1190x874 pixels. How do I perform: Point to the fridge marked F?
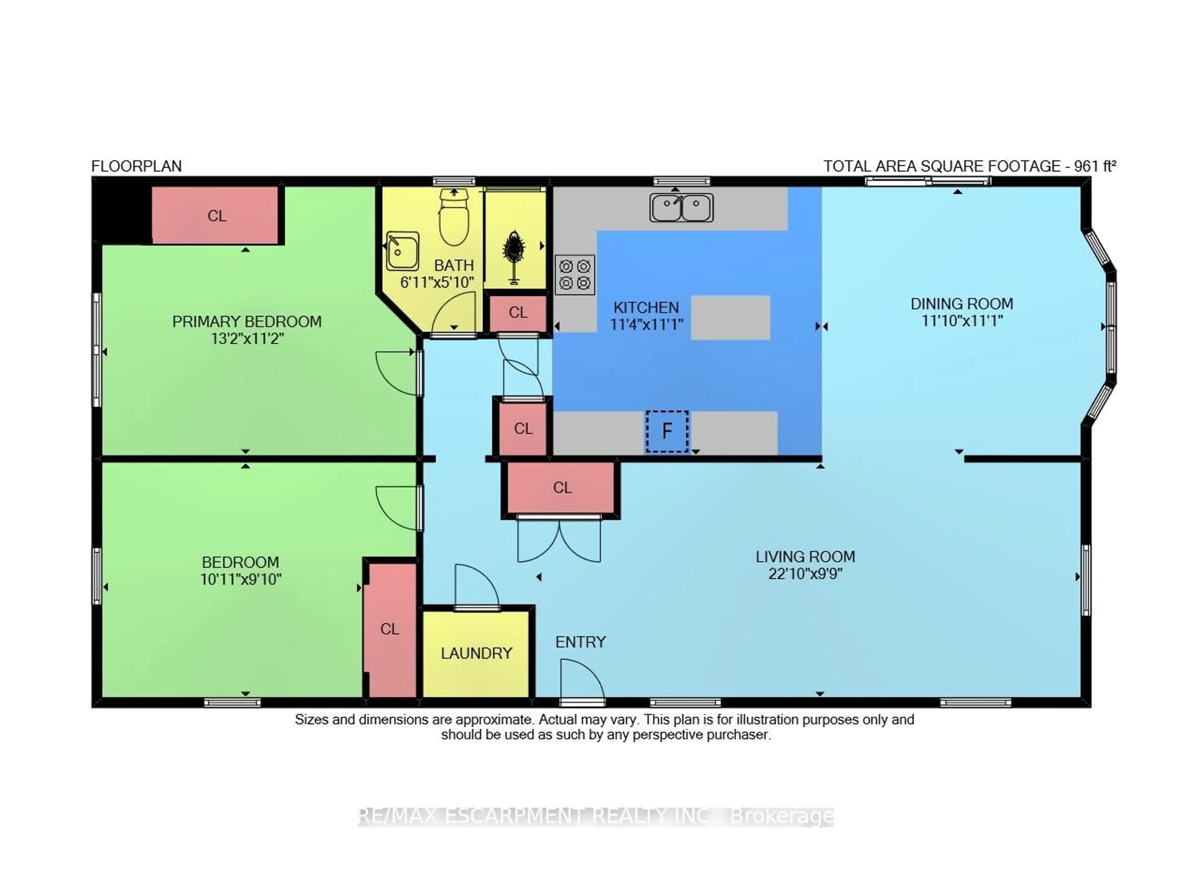667,431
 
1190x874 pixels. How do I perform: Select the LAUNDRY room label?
476,653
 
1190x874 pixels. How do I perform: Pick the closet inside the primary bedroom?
216,216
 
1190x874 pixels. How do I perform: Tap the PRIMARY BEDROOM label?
247,322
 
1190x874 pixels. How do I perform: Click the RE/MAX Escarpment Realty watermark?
595,816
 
